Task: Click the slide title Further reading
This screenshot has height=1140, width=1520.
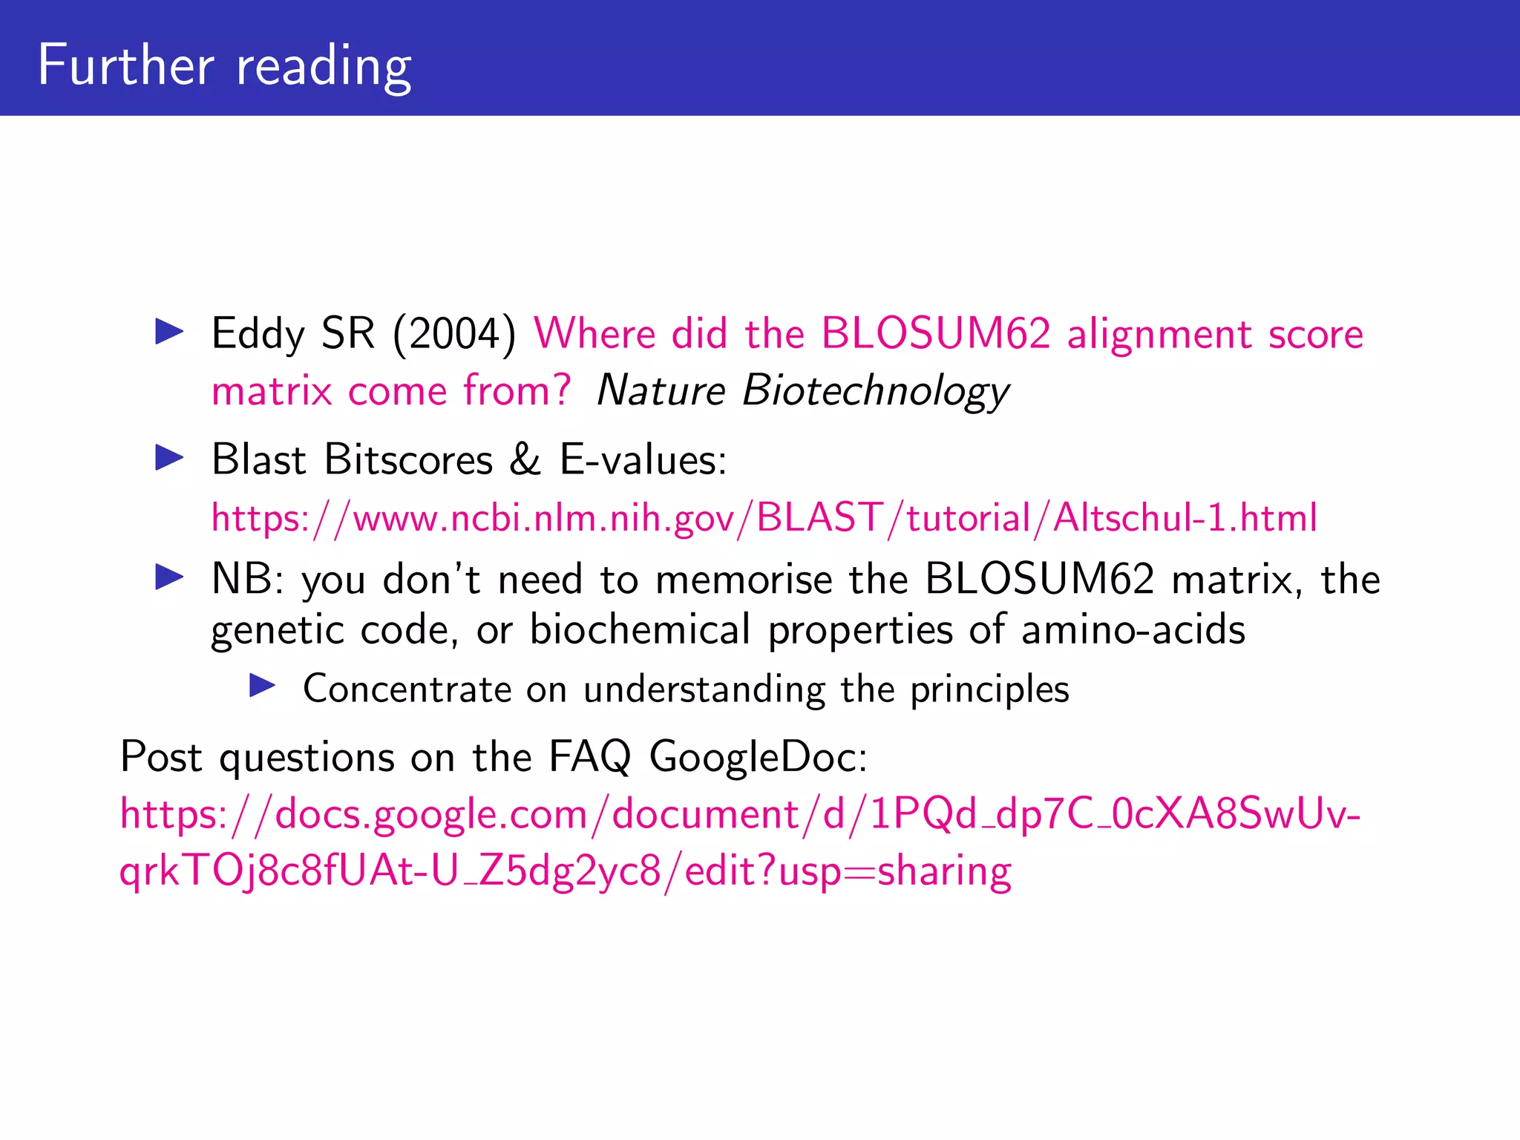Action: pyautogui.click(x=224, y=65)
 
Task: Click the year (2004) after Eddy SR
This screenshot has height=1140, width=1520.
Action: pyautogui.click(x=454, y=333)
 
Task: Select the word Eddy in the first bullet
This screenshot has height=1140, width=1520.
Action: pyautogui.click(x=258, y=333)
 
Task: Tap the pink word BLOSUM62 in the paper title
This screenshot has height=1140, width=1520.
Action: pyautogui.click(x=936, y=333)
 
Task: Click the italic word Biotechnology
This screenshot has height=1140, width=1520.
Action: pyautogui.click(x=876, y=390)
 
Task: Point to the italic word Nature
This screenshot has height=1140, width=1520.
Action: pyautogui.click(x=661, y=390)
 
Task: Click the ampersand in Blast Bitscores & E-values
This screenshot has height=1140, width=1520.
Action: pyautogui.click(x=525, y=459)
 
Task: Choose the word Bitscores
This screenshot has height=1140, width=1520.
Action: pyautogui.click(x=408, y=459)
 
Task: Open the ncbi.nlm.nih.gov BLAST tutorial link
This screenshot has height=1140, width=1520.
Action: pyautogui.click(x=764, y=517)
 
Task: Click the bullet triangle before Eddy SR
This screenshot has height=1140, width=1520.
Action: pyautogui.click(x=169, y=332)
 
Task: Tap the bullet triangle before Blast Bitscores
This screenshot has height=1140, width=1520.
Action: pyautogui.click(x=169, y=458)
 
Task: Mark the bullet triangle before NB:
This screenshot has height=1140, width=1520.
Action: pyautogui.click(x=169, y=577)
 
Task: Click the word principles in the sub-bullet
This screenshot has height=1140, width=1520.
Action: pyautogui.click(x=989, y=689)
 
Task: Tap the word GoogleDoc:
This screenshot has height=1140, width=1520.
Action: pyautogui.click(x=758, y=758)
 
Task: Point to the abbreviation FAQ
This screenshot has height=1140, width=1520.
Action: pyautogui.click(x=590, y=758)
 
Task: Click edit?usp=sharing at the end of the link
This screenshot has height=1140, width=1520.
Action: pyautogui.click(x=848, y=871)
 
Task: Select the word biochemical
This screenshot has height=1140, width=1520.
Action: pyautogui.click(x=640, y=630)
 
